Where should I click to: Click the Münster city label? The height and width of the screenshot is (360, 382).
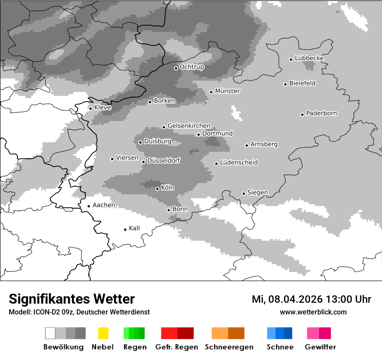tap(227, 91)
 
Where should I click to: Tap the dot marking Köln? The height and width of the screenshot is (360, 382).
tap(157, 189)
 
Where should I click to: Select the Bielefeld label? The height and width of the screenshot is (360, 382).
tap(302, 83)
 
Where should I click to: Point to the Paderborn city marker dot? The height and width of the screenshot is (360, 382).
tap(302, 115)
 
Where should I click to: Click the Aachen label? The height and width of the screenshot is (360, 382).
tap(104, 205)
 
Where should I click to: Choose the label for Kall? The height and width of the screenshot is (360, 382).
tap(134, 228)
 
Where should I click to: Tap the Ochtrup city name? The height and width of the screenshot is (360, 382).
tap(191, 67)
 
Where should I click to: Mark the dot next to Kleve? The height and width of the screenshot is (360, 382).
tap(90, 108)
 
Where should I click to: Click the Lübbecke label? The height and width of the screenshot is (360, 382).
tap(309, 58)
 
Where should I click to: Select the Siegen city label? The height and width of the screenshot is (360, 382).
tap(257, 193)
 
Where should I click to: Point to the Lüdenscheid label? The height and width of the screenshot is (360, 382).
tap(239, 163)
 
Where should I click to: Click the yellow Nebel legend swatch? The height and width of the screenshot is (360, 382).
tap(103, 333)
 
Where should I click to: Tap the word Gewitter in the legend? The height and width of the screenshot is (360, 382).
tap(320, 347)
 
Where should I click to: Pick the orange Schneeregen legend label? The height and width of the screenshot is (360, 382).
tap(229, 347)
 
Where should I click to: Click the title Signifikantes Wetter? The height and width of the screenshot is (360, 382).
tap(72, 299)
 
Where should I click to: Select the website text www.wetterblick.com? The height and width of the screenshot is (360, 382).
tap(313, 312)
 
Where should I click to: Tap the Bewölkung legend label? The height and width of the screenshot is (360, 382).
tap(63, 347)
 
